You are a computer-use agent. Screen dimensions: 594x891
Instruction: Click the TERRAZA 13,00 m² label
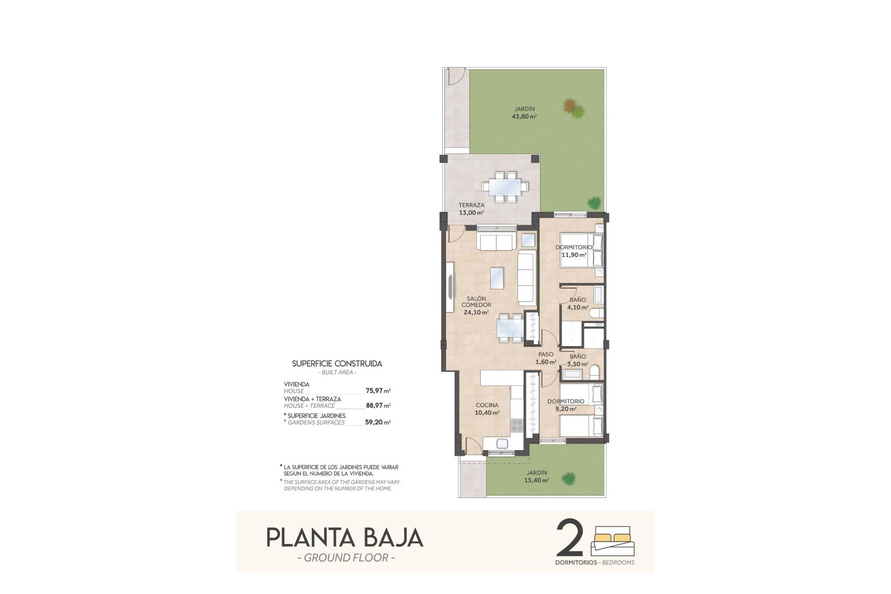pos(471,209)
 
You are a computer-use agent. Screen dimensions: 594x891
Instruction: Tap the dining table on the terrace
pos(505,187)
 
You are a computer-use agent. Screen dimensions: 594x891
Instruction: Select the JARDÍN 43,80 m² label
pos(524,113)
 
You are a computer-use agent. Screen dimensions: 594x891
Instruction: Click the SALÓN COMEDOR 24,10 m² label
pos(476,305)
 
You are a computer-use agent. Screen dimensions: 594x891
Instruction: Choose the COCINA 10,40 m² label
pos(487,409)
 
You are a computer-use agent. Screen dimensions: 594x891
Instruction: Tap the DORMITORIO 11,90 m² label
pos(574,251)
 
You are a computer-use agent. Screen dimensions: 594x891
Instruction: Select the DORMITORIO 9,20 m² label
pos(565,405)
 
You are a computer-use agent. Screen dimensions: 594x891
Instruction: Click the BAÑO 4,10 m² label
pos(578,303)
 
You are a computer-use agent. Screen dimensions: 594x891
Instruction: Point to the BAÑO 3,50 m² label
pos(577,360)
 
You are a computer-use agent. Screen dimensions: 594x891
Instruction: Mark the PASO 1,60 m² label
pos(546,358)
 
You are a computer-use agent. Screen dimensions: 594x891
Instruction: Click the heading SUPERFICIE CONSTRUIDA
pos(337,364)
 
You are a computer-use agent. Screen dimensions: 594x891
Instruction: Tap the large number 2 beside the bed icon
pos(569,538)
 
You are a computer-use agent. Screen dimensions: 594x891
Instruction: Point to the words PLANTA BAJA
pos(345,538)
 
